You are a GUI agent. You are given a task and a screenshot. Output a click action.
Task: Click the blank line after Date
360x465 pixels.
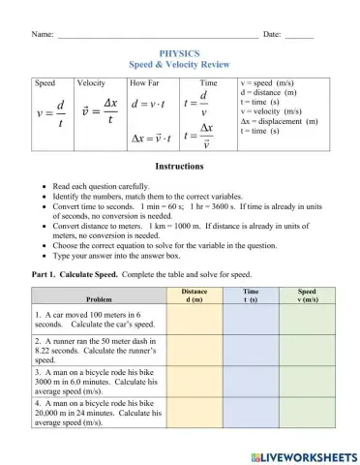click(x=300, y=36)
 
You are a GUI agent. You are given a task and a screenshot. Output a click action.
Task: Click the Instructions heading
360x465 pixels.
click(x=179, y=167)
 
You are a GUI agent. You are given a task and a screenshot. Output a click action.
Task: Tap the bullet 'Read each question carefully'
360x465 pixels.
click(x=102, y=184)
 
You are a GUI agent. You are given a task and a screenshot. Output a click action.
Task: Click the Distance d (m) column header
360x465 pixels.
click(x=194, y=295)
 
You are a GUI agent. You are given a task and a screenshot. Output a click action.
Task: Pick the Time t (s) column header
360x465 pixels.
click(x=250, y=295)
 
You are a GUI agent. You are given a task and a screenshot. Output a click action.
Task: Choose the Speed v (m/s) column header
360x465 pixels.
click(x=307, y=295)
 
